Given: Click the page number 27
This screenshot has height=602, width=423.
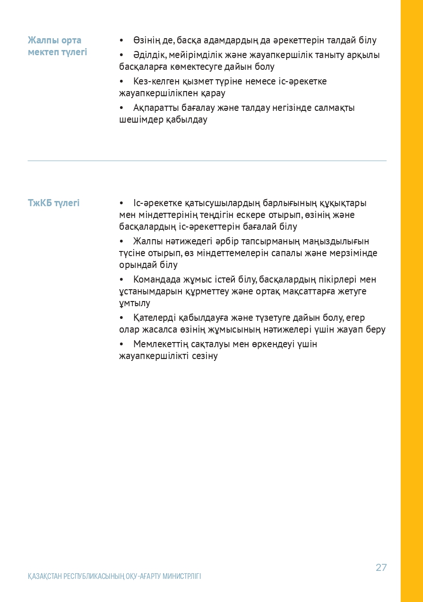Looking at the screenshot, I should pos(381,567).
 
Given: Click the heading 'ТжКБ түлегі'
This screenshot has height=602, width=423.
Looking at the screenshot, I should pos(53,203).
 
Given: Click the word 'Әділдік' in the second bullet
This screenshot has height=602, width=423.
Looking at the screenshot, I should pos(148,55).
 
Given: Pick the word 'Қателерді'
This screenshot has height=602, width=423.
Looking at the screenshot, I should pos(154,318).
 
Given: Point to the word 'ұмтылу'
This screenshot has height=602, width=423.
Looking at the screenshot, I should pos(134,303).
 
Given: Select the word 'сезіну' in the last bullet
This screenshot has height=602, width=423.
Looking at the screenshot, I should pos(205,356).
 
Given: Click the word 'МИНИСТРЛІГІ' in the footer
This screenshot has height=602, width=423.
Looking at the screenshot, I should pos(181,576).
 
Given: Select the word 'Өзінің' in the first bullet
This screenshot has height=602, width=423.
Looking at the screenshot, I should pos(147,41).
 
